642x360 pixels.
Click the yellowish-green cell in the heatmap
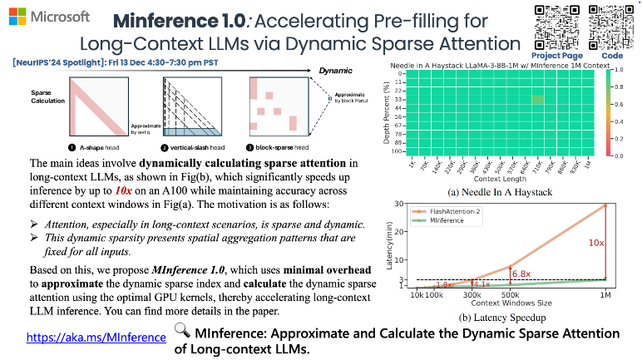pyautogui.click(x=538, y=99)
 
